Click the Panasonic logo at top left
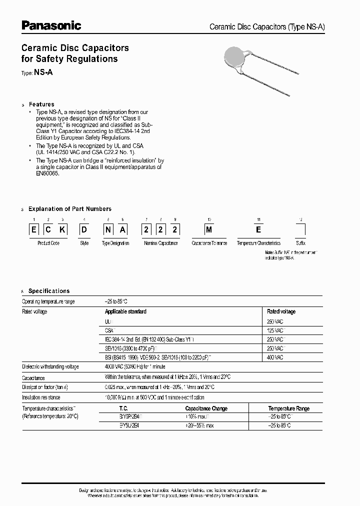coord(50,25)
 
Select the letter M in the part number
coord(209,230)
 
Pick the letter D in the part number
coord(84,230)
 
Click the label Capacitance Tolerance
coord(209,243)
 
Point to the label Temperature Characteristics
coord(258,243)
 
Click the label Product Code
coord(48,243)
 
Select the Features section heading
coord(41,104)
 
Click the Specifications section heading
coord(48,291)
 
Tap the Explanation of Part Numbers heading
coord(69,209)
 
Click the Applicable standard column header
coord(125,311)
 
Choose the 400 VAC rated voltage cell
coord(274,357)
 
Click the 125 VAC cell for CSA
coord(274,330)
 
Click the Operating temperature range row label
coord(48,302)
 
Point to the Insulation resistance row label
coord(41,397)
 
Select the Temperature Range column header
coord(288,408)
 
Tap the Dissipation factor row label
coord(45,387)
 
